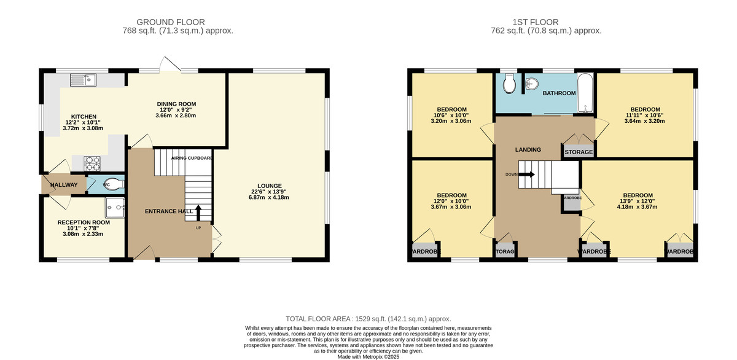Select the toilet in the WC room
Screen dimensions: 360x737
point(115,183)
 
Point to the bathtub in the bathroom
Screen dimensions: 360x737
point(585,93)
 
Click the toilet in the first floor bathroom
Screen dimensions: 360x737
point(509,85)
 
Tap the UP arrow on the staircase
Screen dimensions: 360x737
point(198,211)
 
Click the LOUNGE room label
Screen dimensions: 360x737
point(270,186)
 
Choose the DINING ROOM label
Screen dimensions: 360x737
point(176,104)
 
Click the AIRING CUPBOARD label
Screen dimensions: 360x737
point(192,158)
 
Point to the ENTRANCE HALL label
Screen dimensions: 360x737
point(169,211)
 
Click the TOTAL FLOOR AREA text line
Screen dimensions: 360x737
point(368,319)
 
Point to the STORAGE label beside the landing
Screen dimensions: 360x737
point(579,152)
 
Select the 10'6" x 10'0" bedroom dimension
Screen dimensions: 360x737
point(451,115)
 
